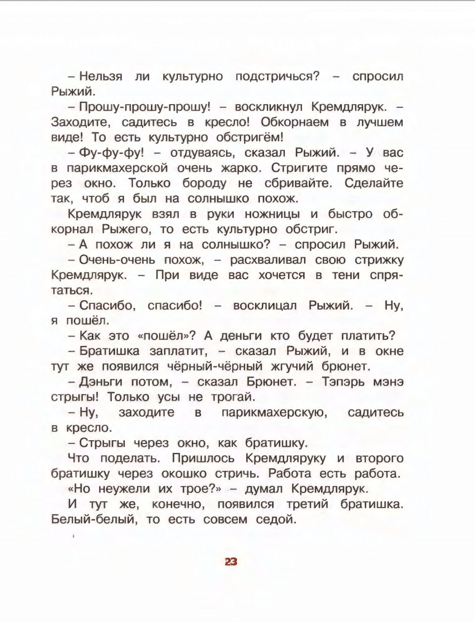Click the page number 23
231,562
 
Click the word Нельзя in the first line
101,76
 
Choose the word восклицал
265,305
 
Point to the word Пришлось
203,458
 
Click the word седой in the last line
275,519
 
